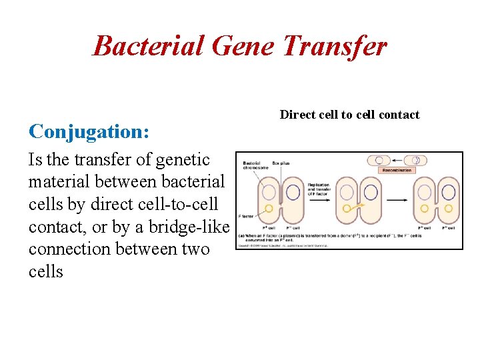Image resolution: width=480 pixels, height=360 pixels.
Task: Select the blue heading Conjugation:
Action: click(x=89, y=131)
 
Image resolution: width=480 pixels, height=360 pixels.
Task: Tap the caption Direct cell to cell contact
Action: click(x=349, y=115)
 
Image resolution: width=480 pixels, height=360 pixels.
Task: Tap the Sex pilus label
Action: click(x=281, y=163)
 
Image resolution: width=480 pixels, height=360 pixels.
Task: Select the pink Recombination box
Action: click(x=397, y=170)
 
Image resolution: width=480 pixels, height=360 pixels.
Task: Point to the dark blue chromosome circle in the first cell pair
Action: click(x=291, y=192)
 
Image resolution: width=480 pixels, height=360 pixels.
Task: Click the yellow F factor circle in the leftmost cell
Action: click(x=269, y=209)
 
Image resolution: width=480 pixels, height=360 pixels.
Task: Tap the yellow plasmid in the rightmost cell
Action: click(x=449, y=209)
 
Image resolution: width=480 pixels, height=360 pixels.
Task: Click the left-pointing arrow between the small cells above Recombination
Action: click(x=398, y=160)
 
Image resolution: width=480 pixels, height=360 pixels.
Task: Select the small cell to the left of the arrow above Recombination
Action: click(x=379, y=160)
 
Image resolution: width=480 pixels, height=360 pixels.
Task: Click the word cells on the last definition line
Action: click(x=46, y=272)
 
